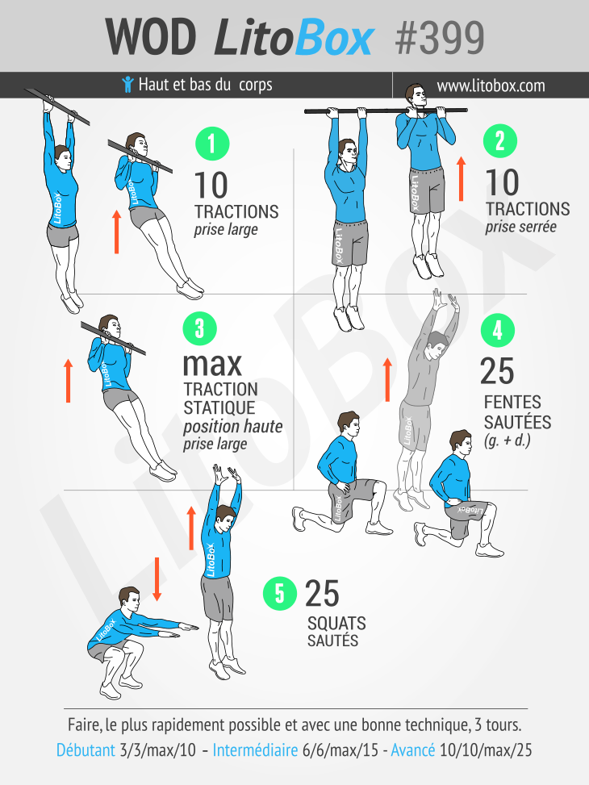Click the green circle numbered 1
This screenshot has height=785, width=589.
212,144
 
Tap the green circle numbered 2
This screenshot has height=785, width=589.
500,141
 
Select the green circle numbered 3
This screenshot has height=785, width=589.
200,329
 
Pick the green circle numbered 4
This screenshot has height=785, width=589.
497,331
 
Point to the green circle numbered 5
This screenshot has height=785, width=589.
280,594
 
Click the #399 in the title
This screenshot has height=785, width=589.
440,38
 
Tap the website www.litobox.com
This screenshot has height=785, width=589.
491,86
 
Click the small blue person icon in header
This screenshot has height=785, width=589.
127,85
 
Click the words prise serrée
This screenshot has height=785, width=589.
521,227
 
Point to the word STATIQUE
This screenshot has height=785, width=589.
219,407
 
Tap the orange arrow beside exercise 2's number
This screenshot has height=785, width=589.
462,178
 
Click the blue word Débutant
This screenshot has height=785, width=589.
86,750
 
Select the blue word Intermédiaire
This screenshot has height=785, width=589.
256,750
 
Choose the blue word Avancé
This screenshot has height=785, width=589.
412,750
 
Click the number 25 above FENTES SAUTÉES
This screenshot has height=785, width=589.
497,371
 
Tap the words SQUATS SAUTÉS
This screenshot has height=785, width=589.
336,632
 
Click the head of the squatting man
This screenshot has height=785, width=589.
130,599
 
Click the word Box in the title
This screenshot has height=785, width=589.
335,38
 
